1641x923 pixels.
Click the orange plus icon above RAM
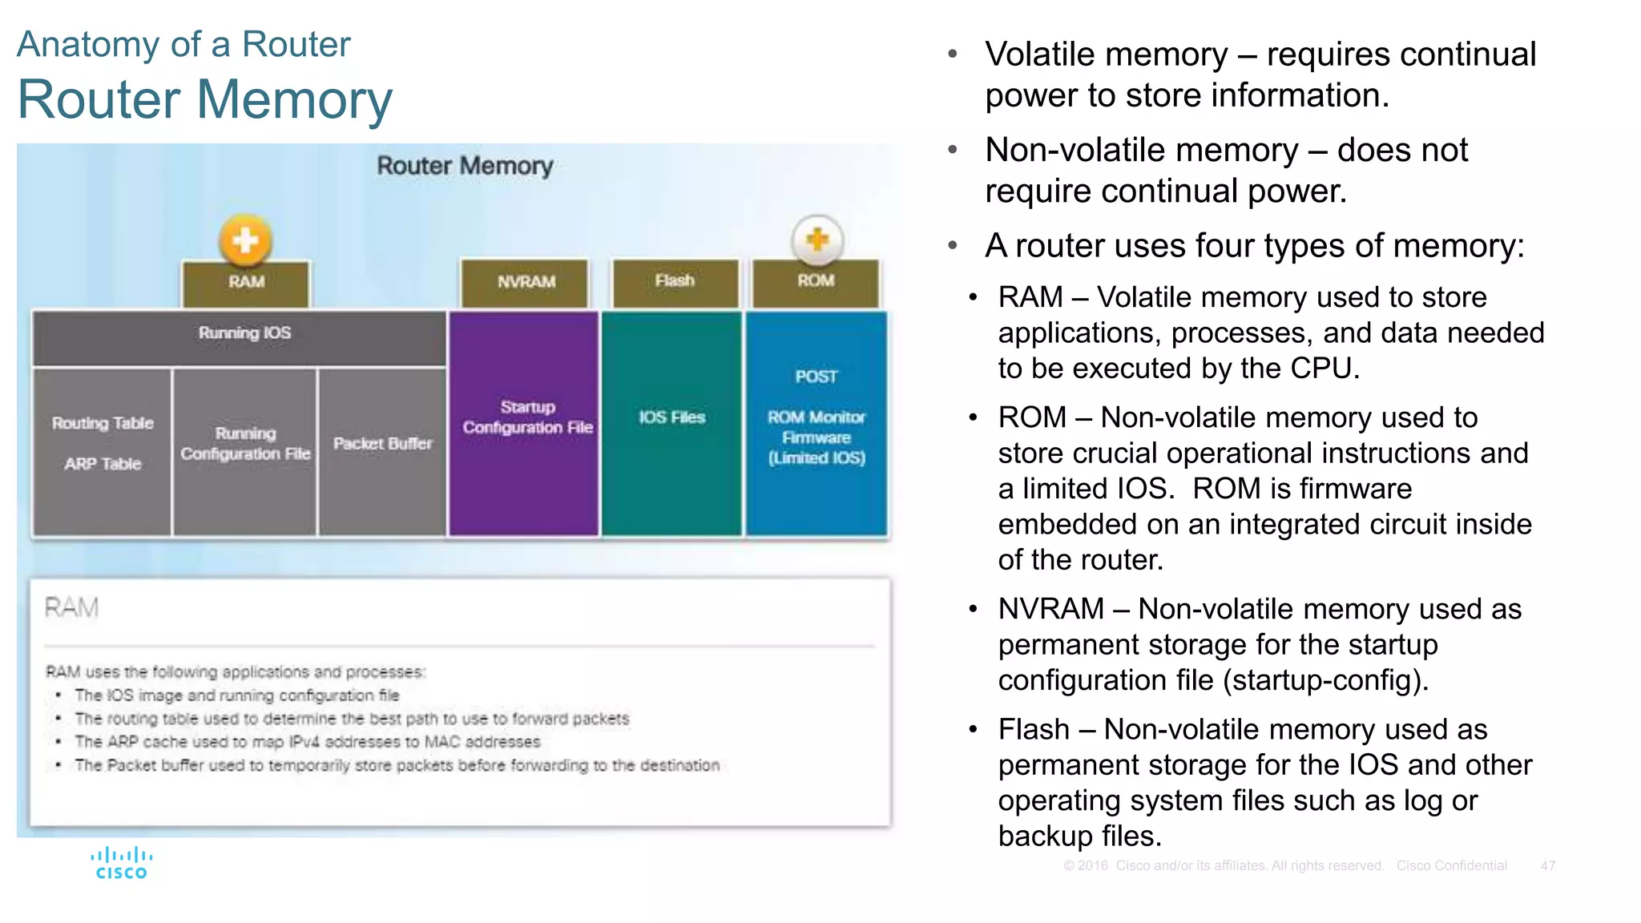(x=245, y=240)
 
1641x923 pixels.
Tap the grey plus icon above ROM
(x=816, y=239)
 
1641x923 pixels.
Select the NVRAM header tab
(x=525, y=282)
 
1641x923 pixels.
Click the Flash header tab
(x=675, y=281)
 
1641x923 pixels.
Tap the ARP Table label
(x=103, y=464)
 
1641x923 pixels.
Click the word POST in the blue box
(x=816, y=377)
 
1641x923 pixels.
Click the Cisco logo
(x=121, y=864)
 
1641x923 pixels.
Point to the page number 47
(x=1547, y=865)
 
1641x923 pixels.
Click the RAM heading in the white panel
(x=71, y=607)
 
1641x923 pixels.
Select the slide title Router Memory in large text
(x=205, y=100)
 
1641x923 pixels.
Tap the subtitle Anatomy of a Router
(x=183, y=44)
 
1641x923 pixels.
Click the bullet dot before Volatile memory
(x=953, y=54)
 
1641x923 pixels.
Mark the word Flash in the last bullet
(x=1033, y=730)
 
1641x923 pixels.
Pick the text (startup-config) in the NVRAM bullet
(x=1325, y=680)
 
